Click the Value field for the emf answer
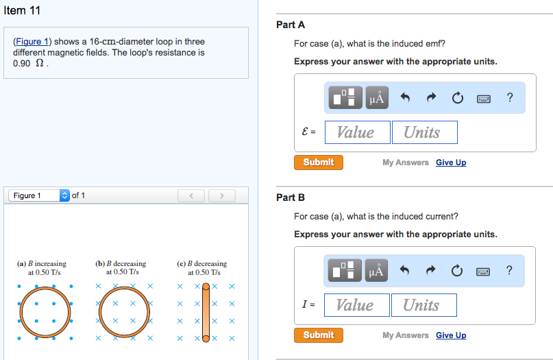coord(357,132)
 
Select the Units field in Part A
coord(424,132)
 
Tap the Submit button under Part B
coord(319,335)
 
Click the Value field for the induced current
coord(356,305)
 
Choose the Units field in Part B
coord(423,305)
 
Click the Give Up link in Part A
coord(450,163)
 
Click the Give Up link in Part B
coord(450,335)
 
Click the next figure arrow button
coord(221,197)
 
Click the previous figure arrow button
coord(192,197)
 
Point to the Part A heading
coord(291,25)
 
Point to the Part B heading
coord(291,197)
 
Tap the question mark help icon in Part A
coord(509,98)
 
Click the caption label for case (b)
coord(121,267)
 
